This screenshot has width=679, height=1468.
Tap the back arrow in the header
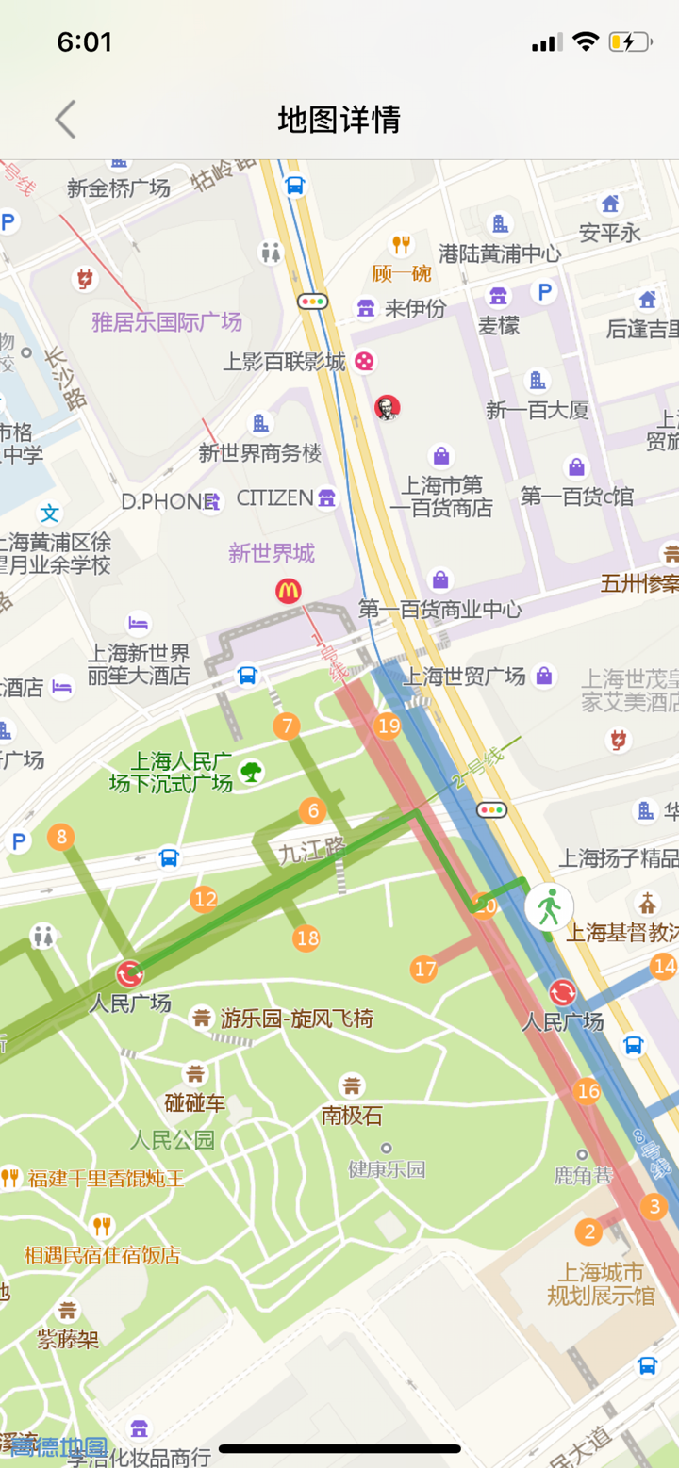64,120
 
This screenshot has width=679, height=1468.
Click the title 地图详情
339,120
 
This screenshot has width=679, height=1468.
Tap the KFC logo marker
387,408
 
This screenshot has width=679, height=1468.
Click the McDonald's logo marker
288,592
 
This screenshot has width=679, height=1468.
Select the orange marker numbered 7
286,726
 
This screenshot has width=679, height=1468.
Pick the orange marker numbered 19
388,726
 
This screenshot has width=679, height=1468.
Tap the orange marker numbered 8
61,837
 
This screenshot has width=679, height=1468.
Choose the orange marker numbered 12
204,900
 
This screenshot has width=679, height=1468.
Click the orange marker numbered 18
306,938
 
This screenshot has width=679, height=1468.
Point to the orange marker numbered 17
424,969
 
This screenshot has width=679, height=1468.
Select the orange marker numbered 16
588,1091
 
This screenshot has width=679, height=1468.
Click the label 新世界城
272,553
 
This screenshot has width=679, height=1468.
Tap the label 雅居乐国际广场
167,322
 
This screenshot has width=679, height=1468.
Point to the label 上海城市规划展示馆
601,1283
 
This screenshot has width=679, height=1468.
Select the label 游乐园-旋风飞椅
296,1019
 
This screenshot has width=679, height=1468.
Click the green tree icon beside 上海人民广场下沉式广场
251,773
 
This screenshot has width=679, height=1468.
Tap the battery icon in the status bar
629,42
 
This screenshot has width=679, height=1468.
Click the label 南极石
352,1116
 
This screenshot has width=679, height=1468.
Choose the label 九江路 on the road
312,852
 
